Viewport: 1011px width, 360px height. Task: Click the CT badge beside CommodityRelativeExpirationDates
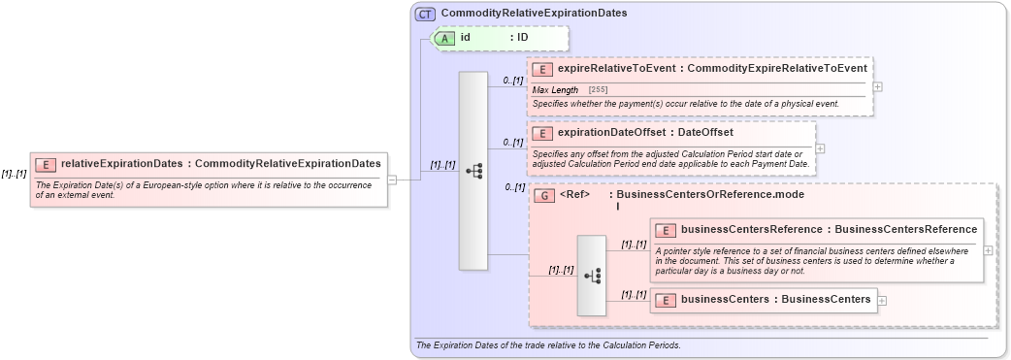click(425, 14)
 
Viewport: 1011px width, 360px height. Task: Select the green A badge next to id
click(445, 38)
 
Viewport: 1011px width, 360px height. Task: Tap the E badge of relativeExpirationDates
click(46, 164)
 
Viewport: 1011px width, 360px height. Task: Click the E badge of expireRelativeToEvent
click(543, 69)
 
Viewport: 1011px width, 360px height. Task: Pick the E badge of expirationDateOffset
click(543, 133)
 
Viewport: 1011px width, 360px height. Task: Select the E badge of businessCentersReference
click(667, 230)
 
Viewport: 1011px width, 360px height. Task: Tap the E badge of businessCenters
click(667, 300)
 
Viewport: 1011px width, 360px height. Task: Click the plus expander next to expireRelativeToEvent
click(877, 86)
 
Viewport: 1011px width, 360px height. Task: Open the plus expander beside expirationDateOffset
click(820, 148)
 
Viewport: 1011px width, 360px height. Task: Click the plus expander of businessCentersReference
click(988, 249)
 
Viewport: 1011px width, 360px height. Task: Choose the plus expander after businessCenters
click(882, 301)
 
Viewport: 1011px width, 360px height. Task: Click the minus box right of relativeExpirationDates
click(392, 180)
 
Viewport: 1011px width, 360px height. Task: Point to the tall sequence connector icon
click(473, 170)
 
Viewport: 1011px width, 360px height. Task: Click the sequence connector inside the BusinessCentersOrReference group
click(592, 276)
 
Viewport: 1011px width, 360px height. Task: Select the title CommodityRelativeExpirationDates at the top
click(534, 14)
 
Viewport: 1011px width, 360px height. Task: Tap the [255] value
click(598, 89)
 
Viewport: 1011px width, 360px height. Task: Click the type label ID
click(522, 38)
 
